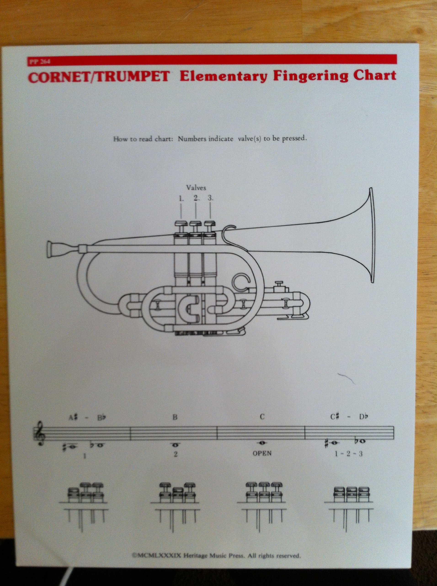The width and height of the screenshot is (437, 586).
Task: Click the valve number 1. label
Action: tap(181, 199)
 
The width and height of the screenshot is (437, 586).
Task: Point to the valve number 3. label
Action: tap(211, 198)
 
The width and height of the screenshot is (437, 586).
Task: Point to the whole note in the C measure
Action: tap(262, 442)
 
